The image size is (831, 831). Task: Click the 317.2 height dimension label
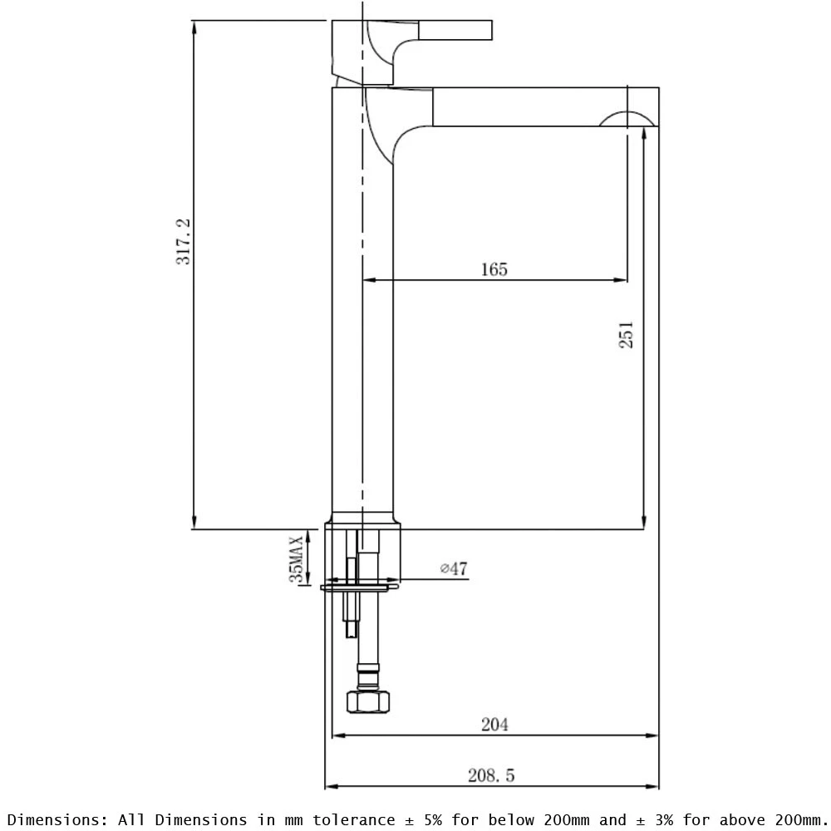tap(184, 241)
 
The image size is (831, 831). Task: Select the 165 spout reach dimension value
tap(494, 269)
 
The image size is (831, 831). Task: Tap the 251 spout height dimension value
tap(627, 334)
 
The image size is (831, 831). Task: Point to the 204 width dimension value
tap(494, 724)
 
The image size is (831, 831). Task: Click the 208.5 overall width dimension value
tap(491, 775)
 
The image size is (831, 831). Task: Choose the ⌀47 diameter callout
tap(454, 569)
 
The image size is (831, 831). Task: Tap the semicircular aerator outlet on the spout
tap(627, 120)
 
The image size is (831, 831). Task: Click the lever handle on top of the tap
tap(455, 31)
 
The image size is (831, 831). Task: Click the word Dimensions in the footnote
tap(57, 819)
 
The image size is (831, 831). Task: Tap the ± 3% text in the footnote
tap(654, 819)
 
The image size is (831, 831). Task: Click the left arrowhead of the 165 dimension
tap(367, 280)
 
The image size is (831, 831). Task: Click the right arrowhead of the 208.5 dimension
tap(654, 785)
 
